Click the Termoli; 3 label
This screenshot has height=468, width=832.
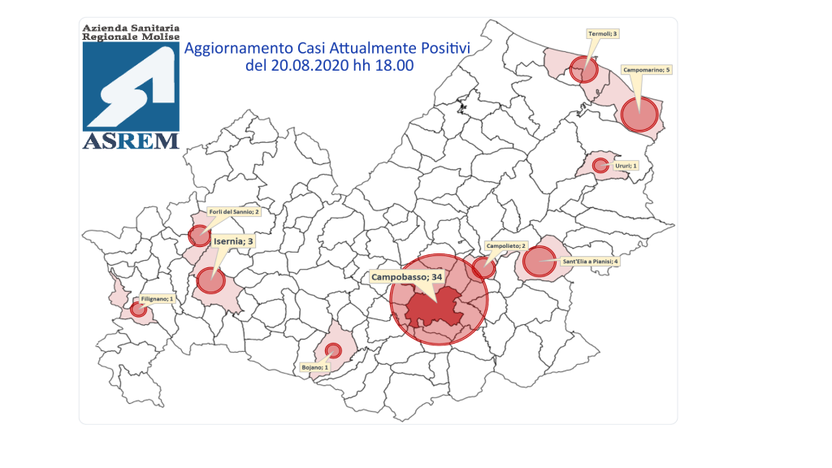(602, 34)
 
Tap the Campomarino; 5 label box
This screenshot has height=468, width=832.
(647, 70)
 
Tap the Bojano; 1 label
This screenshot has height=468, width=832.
(314, 367)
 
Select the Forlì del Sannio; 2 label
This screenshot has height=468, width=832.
(233, 212)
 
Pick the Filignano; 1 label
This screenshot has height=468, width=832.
(158, 299)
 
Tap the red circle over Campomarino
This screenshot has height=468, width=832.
(639, 114)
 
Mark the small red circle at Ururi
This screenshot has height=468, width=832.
(600, 166)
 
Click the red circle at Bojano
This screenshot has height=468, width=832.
(332, 350)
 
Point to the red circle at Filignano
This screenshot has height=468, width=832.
(139, 309)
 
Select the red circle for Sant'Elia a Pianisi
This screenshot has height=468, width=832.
(538, 262)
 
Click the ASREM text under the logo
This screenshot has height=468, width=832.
(131, 141)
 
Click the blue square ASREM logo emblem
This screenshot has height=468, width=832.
(131, 85)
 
